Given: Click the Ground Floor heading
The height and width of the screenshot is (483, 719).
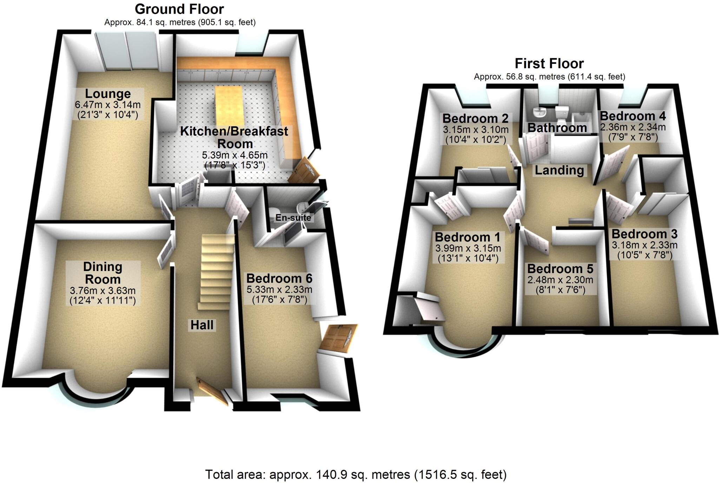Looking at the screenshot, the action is click(179, 9).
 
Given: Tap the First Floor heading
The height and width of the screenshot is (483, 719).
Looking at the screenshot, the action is click(549, 64).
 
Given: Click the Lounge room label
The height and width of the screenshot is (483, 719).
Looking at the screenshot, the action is click(108, 94).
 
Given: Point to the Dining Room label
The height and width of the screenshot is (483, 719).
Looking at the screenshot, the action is click(103, 273).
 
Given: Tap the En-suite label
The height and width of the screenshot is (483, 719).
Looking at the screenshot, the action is click(293, 218).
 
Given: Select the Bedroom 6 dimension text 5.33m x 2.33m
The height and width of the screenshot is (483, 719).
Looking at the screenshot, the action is click(279, 290).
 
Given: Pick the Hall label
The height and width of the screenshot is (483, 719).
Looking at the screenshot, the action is click(202, 325).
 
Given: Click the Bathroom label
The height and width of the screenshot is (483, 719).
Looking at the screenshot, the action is click(557, 128).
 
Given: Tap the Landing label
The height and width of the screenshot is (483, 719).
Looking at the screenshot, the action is click(559, 170).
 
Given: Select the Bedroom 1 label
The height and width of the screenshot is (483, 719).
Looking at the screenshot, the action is click(467, 237).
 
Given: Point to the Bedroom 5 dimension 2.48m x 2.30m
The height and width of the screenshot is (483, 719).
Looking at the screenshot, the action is click(560, 280).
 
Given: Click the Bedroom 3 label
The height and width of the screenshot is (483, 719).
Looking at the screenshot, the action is click(644, 234).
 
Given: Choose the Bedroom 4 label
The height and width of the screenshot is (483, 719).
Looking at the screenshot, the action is click(633, 116).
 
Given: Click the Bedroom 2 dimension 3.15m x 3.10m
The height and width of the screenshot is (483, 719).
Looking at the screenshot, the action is click(475, 130).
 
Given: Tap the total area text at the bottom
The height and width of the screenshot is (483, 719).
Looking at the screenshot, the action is click(356, 475).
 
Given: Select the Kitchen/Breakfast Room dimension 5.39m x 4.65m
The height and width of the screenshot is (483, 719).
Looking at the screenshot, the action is click(235, 155).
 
